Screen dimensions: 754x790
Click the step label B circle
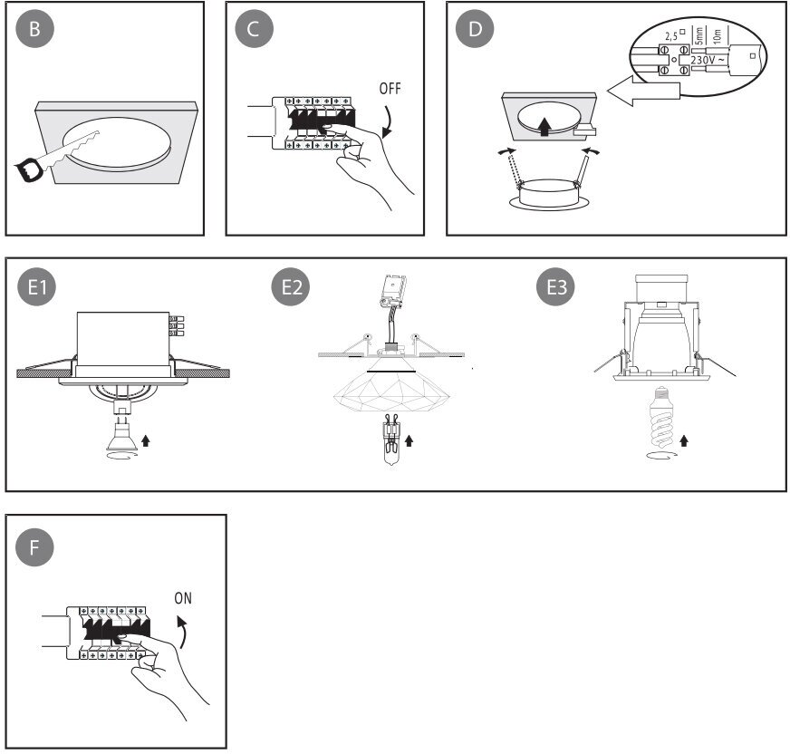pyautogui.click(x=35, y=28)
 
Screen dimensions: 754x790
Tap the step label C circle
pyautogui.click(x=253, y=28)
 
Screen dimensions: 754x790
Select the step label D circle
pyautogui.click(x=475, y=28)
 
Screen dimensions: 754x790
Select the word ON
pyautogui.click(x=183, y=598)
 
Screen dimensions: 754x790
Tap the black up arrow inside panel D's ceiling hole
pyautogui.click(x=544, y=126)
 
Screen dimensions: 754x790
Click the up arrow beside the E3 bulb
pyautogui.click(x=685, y=440)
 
